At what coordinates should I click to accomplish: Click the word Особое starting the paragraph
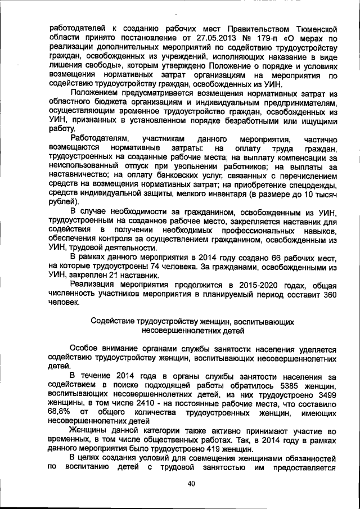tap(85, 348)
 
